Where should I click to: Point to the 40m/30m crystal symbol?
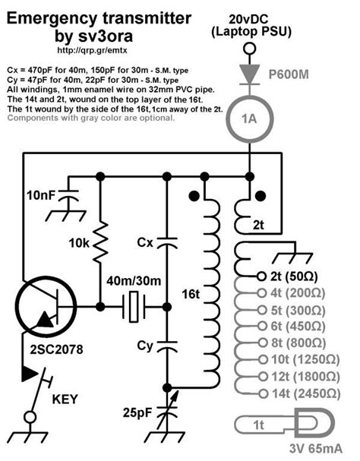134,308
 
